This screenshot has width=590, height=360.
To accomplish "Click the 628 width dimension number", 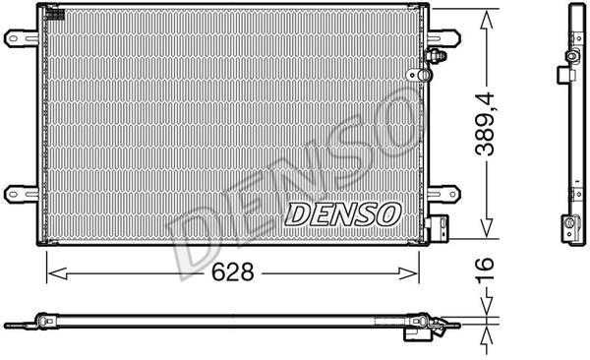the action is (232, 271).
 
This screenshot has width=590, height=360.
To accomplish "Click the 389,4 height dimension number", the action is (485, 124).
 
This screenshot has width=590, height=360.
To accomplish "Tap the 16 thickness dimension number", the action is (485, 270).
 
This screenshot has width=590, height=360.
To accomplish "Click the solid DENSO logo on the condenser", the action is (343, 214).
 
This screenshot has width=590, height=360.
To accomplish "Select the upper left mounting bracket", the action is (21, 38).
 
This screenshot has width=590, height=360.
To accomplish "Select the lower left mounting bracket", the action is (21, 195).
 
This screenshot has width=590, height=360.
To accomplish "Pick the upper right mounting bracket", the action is (444, 38).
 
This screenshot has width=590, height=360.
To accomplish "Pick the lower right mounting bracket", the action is (444, 195).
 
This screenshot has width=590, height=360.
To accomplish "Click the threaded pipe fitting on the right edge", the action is (436, 56).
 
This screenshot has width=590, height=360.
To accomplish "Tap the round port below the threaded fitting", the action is (420, 75).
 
